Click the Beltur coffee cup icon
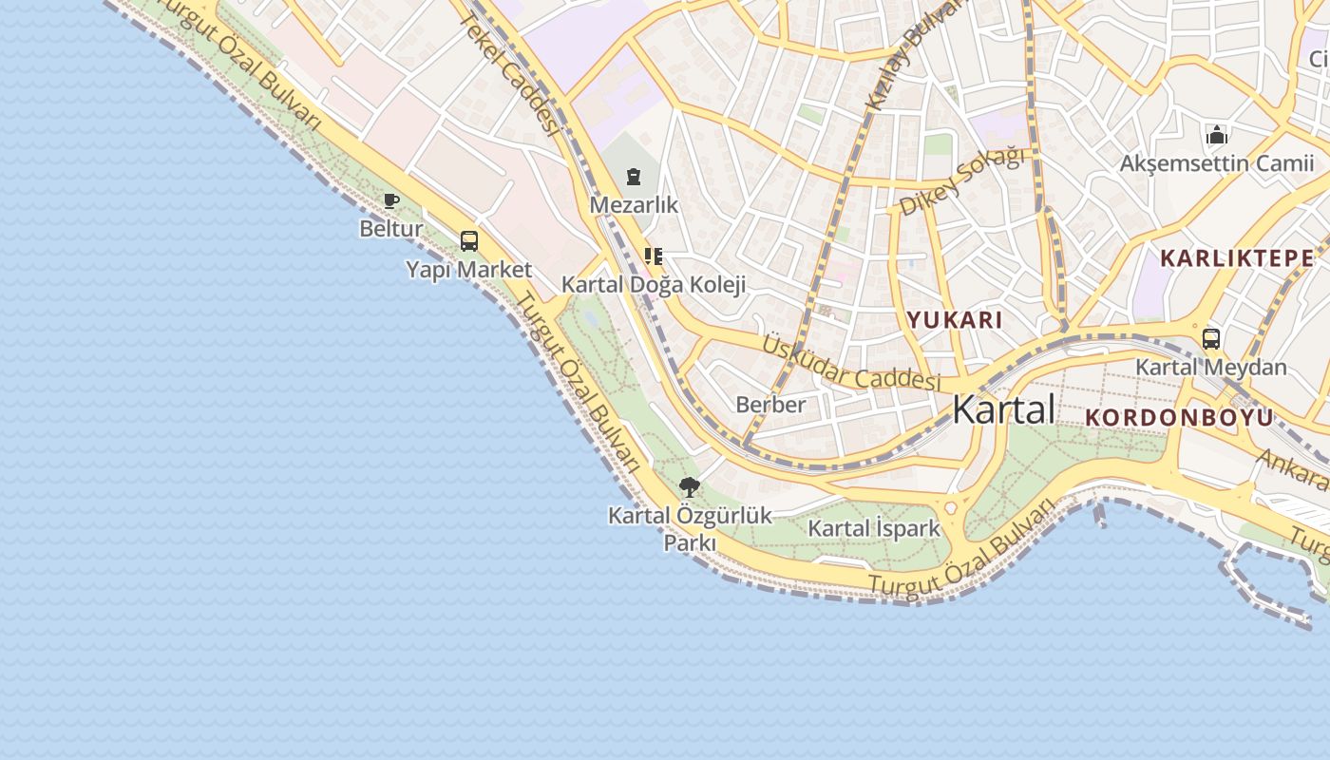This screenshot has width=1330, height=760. click(x=390, y=200)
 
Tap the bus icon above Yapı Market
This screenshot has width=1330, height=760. click(x=469, y=241)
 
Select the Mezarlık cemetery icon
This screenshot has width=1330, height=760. click(x=634, y=177)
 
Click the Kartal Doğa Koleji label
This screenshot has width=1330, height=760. click(x=654, y=284)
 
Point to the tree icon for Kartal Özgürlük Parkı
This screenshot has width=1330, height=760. click(x=690, y=488)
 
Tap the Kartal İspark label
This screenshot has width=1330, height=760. click(x=874, y=528)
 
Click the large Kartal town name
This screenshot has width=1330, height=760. click(x=1003, y=409)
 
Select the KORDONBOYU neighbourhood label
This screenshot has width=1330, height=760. click(x=1179, y=417)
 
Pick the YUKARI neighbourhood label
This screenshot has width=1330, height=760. click(x=955, y=320)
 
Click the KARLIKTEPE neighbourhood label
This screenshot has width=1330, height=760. click(x=1238, y=257)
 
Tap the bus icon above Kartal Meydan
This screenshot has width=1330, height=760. click(x=1211, y=339)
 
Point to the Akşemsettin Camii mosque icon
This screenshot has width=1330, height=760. click(x=1217, y=136)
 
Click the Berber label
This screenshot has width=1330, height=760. click(x=770, y=405)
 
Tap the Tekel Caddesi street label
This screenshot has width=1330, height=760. click(x=509, y=76)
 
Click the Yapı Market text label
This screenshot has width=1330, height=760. click(x=469, y=270)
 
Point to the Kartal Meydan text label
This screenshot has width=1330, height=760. click(x=1211, y=368)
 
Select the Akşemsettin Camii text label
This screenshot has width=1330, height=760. click(x=1217, y=163)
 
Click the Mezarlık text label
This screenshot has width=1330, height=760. click(x=634, y=204)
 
